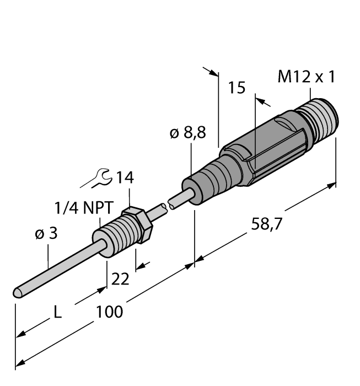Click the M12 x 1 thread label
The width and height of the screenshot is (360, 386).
coord(306,77)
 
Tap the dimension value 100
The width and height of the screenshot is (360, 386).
coord(110,312)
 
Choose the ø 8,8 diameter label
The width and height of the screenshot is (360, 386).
coord(188,134)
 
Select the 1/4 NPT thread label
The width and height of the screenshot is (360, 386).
coord(84,208)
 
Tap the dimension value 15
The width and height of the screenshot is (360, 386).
coord(237,88)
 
